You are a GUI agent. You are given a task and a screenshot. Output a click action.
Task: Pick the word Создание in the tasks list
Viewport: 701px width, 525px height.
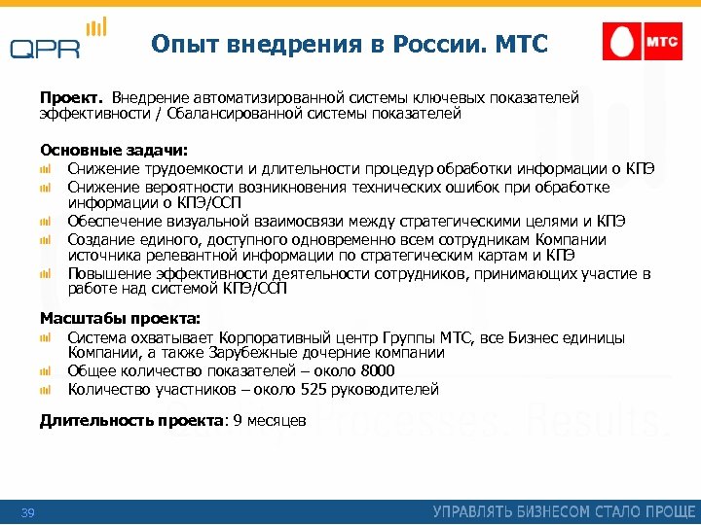[100, 239]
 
